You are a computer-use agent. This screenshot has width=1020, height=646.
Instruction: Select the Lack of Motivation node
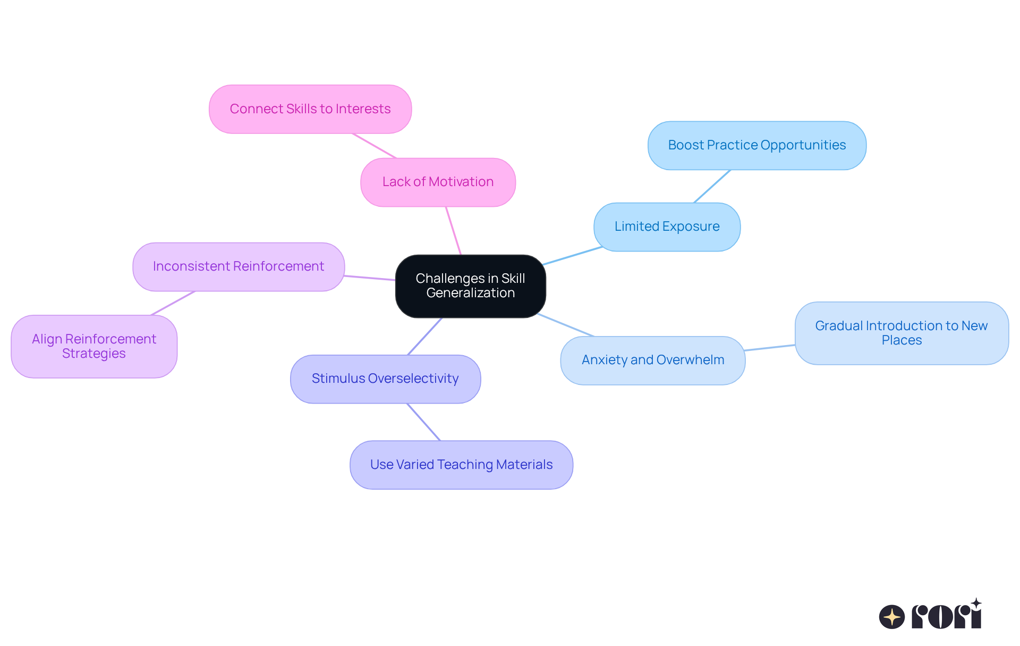438,182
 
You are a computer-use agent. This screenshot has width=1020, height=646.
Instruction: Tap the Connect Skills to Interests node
310,109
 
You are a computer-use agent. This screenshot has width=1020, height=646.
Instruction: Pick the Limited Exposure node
667,226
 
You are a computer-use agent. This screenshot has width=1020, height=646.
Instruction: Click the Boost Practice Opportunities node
756,145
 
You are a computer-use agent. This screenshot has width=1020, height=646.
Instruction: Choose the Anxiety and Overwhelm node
652,360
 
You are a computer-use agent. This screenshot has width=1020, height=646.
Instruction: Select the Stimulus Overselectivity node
385,379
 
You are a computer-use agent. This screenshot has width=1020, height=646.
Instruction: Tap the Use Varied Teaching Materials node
461,465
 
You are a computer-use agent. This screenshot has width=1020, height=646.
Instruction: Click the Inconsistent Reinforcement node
238,266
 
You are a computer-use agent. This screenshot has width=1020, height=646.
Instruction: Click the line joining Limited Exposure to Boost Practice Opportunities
712,187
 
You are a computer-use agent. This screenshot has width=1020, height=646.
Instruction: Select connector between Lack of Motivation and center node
454,231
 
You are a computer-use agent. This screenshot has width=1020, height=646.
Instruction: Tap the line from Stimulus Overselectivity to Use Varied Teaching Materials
423,422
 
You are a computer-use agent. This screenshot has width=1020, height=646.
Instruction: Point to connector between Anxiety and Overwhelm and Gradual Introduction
770,348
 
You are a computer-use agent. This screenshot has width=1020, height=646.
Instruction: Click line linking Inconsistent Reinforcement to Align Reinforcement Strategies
173,303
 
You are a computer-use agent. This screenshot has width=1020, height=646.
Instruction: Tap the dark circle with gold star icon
891,617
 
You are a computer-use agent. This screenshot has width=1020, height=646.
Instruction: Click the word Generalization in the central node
470,293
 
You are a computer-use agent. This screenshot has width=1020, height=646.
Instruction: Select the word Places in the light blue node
901,340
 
